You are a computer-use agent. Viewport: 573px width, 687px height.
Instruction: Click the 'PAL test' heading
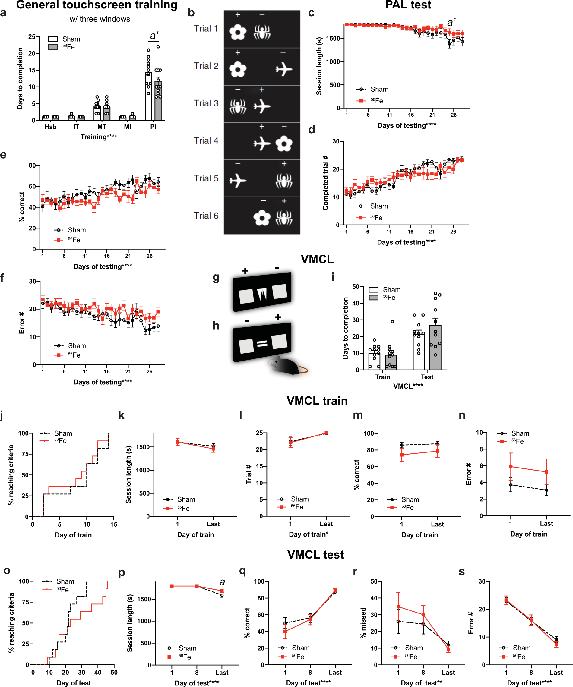(408, 5)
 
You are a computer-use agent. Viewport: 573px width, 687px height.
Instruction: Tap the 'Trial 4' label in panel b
(206, 141)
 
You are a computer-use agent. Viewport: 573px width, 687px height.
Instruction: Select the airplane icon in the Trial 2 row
(284, 69)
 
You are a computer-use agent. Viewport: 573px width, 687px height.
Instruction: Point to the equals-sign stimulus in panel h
(262, 344)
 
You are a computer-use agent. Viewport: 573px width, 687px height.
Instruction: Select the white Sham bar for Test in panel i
(419, 352)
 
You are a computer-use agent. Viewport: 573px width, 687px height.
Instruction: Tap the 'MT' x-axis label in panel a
(102, 127)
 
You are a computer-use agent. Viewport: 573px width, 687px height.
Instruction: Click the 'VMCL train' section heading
(317, 401)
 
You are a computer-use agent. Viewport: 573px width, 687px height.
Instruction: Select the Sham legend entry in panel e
(77, 230)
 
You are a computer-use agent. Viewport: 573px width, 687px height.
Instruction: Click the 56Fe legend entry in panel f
(74, 355)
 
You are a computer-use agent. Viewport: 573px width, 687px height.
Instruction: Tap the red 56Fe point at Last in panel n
(546, 472)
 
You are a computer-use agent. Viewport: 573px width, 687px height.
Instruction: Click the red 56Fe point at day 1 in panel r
(398, 607)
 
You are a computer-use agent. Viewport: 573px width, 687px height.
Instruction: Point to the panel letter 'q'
(242, 571)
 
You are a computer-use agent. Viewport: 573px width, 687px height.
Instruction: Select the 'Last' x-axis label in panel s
(556, 673)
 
